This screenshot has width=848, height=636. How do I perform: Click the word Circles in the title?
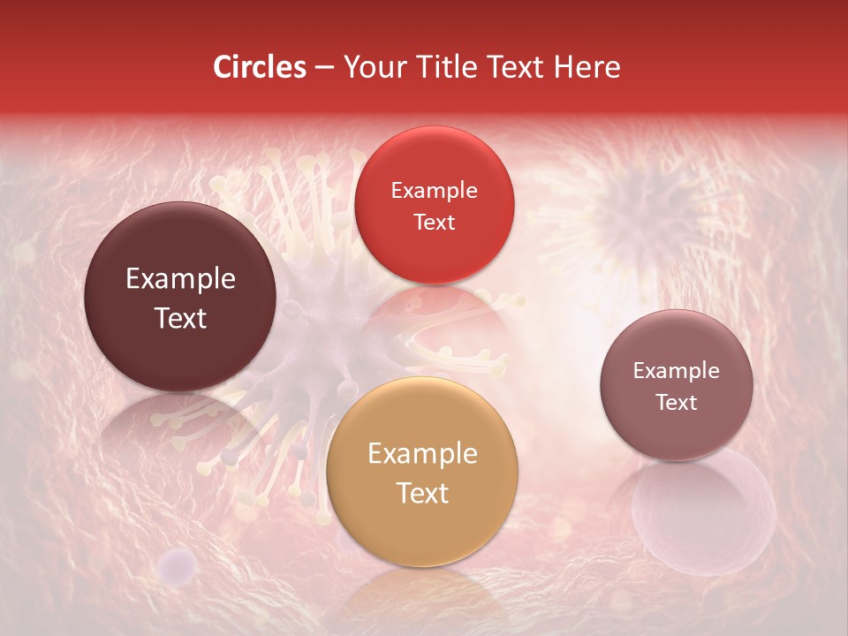tap(259, 67)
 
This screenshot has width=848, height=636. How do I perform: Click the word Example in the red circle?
tap(435, 190)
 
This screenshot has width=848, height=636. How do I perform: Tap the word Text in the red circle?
tap(435, 222)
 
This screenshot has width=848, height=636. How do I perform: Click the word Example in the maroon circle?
tap(180, 279)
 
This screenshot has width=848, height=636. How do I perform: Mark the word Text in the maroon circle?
tap(180, 318)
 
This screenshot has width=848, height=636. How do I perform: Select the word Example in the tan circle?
tap(422, 454)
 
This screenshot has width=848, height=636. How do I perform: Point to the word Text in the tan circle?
tap(422, 493)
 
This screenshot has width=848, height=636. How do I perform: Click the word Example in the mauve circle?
tap(677, 370)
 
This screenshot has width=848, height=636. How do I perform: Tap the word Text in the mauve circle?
tap(677, 402)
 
